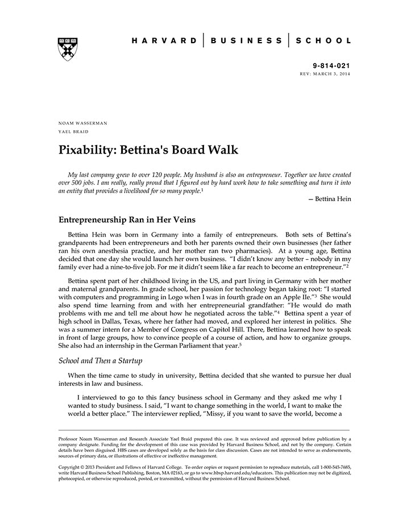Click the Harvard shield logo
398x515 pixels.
(68, 49)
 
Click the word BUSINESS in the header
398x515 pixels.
(246, 41)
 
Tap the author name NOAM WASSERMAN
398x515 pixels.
(83, 123)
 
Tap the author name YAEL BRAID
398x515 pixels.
(73, 132)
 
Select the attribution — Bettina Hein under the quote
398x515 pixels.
(329, 198)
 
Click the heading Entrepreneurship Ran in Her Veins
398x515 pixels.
(140, 219)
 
